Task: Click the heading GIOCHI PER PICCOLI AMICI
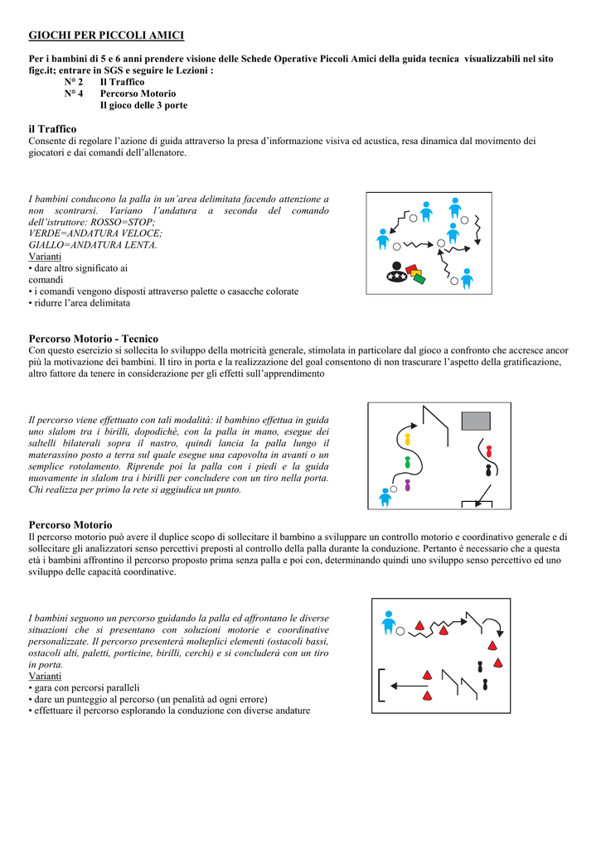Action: coord(106,35)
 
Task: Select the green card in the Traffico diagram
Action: coord(419,279)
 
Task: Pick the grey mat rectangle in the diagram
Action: coord(477,421)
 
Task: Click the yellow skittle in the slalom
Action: coord(407,438)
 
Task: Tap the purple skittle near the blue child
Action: coord(407,484)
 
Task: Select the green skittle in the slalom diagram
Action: coord(407,461)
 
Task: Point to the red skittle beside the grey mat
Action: coord(489,452)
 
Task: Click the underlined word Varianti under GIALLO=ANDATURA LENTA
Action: coord(45,257)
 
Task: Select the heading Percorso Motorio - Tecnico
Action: coord(94,339)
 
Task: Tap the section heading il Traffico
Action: coord(52,129)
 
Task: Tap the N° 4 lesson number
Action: coord(74,94)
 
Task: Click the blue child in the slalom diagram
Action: coord(385,497)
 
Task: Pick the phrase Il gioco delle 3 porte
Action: coord(143,105)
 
